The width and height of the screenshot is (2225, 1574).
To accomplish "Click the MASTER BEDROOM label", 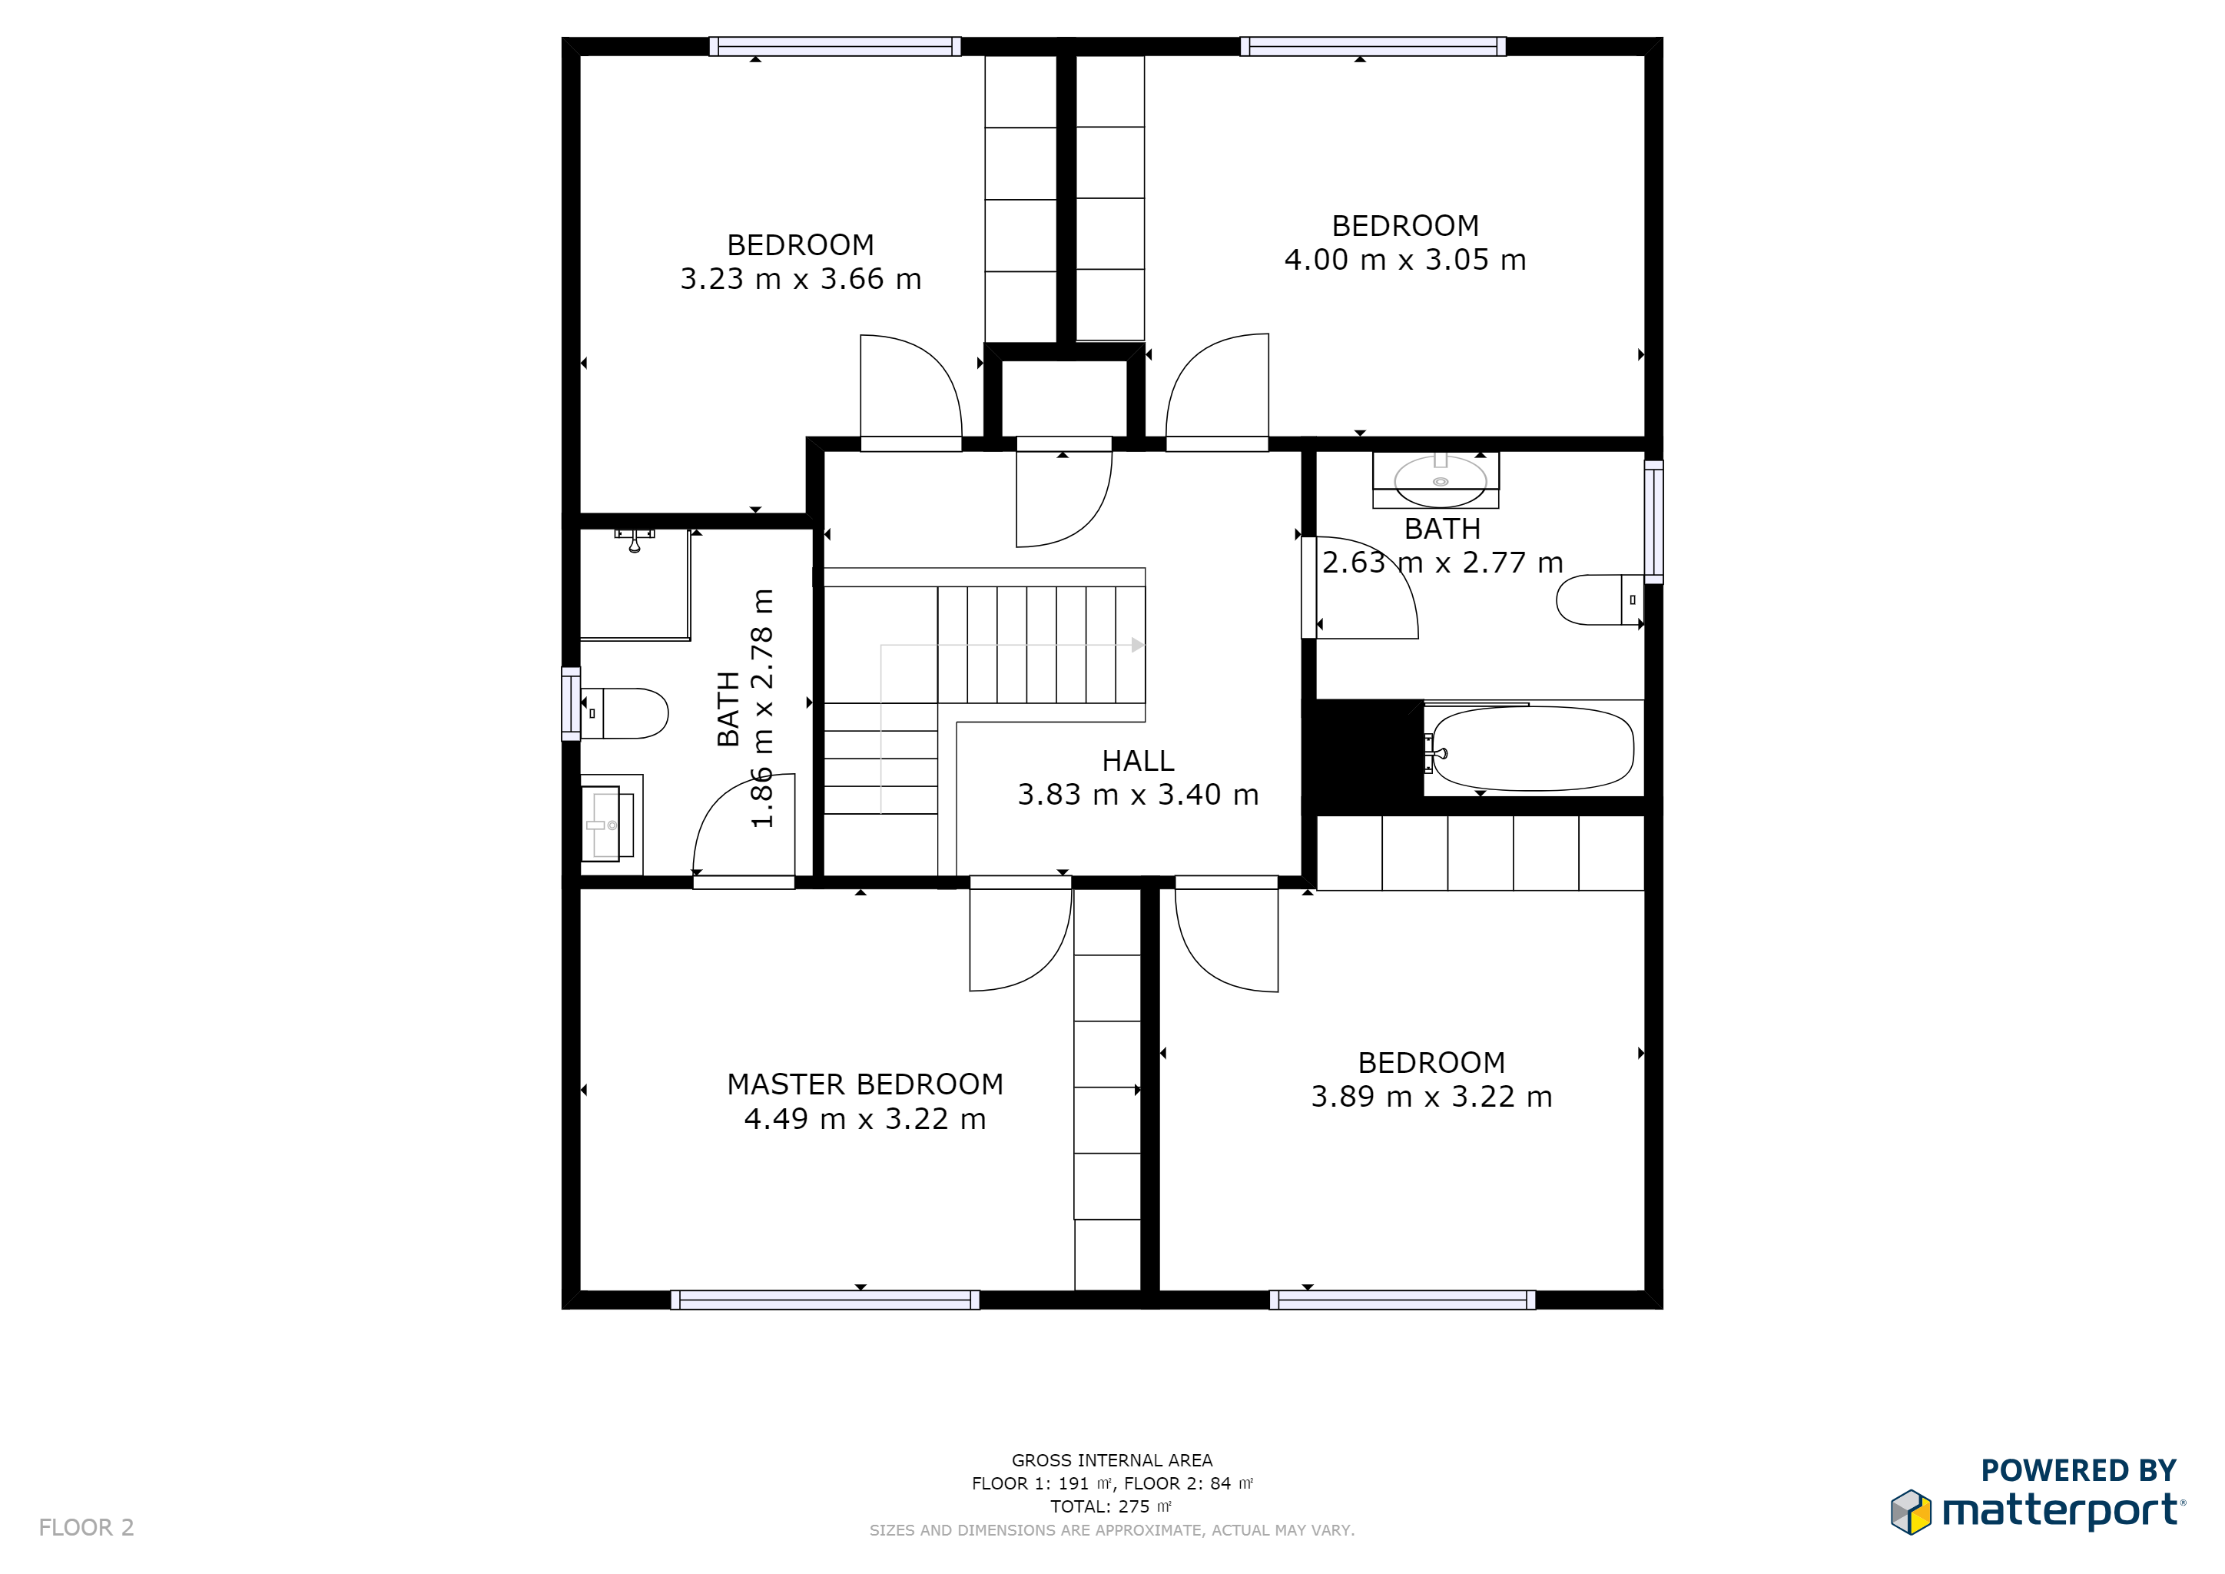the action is point(864,1084).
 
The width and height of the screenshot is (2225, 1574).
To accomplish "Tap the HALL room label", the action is point(1138,761).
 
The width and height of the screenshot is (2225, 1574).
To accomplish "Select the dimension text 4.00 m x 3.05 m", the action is point(1405,260).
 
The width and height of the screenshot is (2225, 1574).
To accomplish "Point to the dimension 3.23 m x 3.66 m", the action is point(801,279).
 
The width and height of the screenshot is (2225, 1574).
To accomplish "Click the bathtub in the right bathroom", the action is point(1533,749).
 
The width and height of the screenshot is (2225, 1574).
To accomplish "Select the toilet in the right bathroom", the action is point(1600,600).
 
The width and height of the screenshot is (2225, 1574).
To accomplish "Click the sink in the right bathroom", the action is point(1439,480).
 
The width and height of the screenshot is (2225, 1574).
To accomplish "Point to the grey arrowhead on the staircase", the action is point(1138,645).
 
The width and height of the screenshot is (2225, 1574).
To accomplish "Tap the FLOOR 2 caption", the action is point(86,1527).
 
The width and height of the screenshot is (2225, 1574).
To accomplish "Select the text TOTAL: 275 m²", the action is point(1112,1506).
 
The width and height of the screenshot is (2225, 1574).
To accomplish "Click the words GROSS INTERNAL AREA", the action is point(1112,1460).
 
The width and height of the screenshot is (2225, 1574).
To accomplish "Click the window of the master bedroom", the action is point(824,1300).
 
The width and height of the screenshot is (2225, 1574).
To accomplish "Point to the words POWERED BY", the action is point(2079,1471).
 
